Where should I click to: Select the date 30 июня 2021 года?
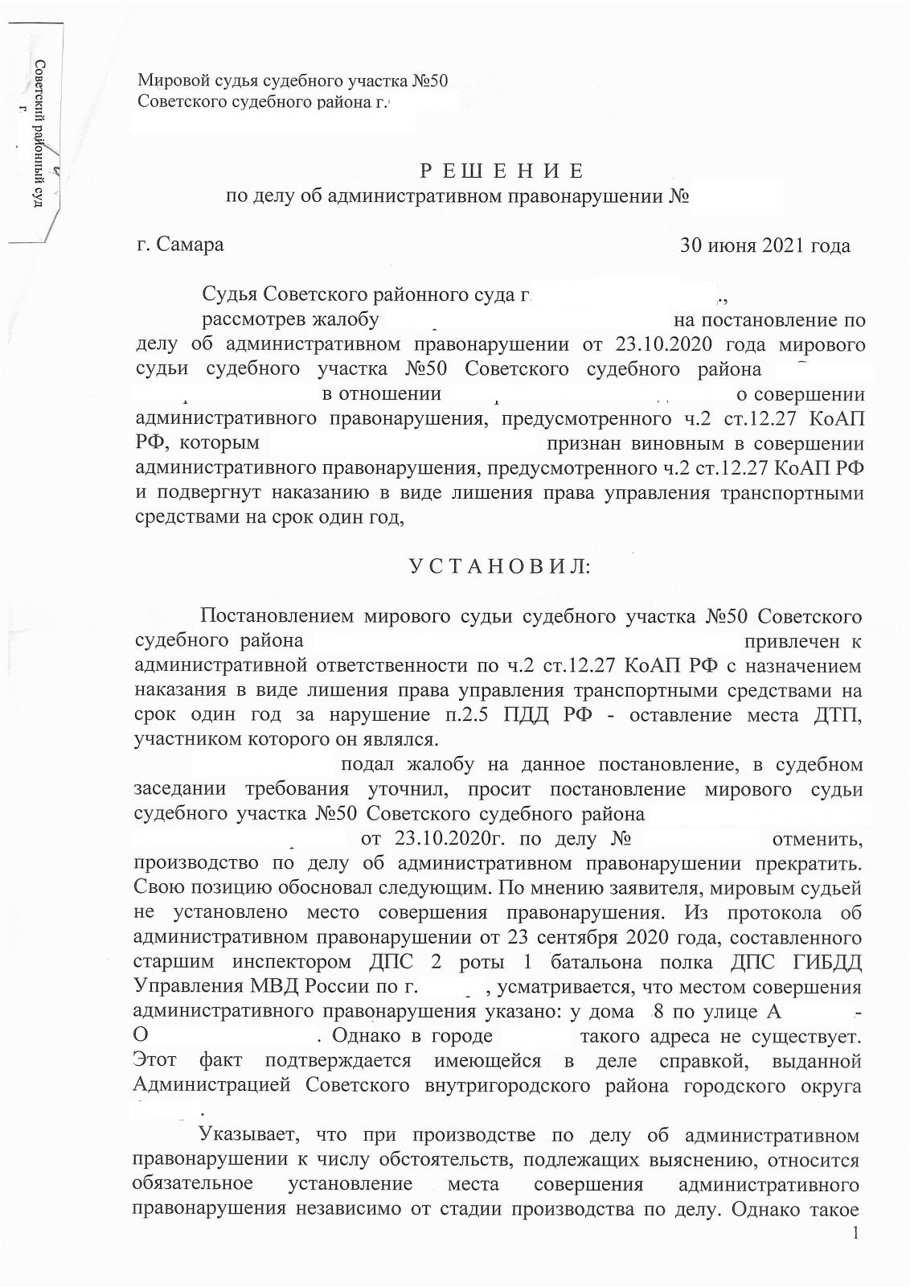pos(764,245)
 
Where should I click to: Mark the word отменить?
pos(817,840)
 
